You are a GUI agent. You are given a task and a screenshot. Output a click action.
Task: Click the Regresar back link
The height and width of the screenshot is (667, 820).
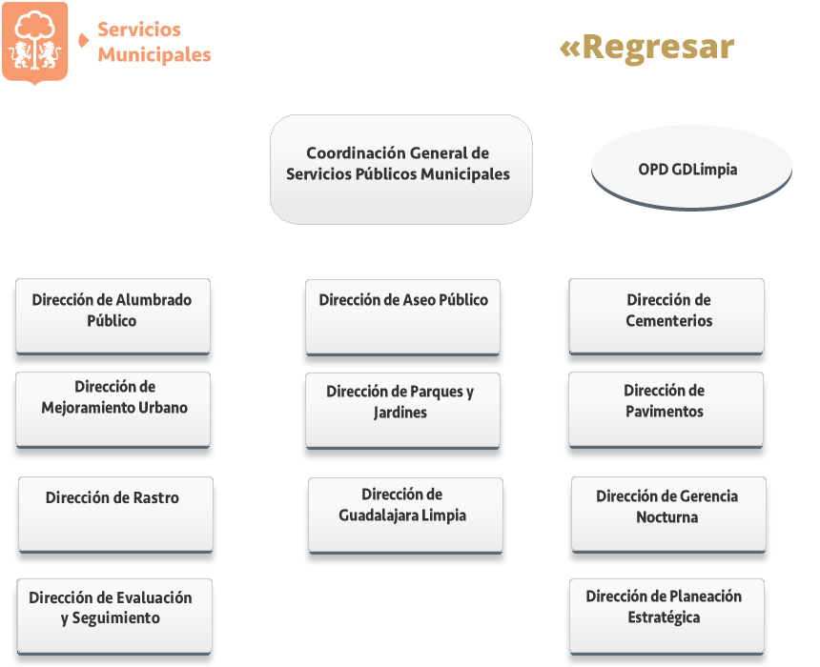646,48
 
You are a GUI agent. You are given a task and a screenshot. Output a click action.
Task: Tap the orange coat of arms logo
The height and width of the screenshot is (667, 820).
35,42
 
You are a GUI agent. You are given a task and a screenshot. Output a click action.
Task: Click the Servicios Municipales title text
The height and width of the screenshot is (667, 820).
154,42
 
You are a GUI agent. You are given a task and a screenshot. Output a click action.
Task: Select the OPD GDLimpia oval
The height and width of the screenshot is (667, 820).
691,169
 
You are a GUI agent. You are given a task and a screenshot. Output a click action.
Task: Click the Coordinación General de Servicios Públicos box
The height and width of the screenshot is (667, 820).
401,170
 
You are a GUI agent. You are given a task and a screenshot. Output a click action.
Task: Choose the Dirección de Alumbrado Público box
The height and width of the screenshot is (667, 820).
113,316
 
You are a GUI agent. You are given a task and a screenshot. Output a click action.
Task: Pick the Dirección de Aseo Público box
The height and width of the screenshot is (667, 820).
402,318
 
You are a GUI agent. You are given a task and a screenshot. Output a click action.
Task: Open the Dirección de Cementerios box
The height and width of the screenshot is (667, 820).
666,316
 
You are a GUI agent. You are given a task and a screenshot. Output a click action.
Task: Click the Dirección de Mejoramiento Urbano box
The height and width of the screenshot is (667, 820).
113,411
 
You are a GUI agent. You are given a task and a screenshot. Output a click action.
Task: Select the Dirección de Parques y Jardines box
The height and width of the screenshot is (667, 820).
402,412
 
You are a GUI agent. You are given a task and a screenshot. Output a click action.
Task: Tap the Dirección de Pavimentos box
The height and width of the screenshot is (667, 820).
666,411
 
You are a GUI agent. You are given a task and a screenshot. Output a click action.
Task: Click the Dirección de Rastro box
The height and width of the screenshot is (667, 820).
115,515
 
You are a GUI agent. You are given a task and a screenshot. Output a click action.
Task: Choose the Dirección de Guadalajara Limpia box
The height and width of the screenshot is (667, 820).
405,515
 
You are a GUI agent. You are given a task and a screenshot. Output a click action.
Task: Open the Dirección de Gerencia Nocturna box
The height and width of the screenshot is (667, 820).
668,515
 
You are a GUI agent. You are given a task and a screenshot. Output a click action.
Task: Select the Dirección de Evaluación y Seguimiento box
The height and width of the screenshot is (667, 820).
114,616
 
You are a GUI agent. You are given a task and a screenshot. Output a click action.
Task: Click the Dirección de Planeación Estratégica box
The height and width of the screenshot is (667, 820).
666,616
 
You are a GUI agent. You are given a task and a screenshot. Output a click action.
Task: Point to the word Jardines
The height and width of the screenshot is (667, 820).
400,413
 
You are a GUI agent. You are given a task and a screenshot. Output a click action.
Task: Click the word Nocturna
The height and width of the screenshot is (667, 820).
666,517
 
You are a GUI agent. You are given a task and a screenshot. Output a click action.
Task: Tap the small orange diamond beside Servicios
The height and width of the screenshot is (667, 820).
83,40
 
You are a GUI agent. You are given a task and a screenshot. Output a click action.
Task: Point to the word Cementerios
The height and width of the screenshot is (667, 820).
668,320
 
